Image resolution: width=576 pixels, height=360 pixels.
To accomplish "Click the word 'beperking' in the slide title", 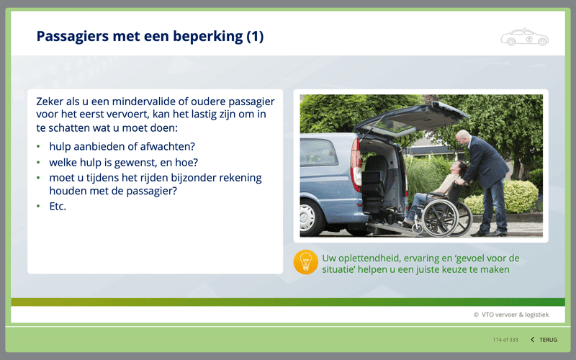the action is point(208,37).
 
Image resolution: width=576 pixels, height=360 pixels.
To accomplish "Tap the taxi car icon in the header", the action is point(525,37).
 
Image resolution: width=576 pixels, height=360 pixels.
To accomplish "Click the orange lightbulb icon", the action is point(305,262).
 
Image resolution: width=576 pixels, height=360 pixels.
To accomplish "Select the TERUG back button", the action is point(544,340).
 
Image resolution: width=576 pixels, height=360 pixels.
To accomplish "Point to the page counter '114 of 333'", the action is point(505,340).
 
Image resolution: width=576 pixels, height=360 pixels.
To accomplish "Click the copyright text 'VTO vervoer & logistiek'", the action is point(515,315).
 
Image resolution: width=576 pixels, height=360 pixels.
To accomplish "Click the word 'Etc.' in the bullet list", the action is point(58,207).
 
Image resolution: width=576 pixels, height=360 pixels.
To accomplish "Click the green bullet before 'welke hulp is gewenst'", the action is point(38,162).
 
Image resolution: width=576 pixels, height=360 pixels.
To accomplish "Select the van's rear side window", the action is point(318,153).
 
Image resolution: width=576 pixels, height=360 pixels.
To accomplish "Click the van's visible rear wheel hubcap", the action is point(307,217).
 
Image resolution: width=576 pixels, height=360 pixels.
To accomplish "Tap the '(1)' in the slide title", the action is point(255,37).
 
